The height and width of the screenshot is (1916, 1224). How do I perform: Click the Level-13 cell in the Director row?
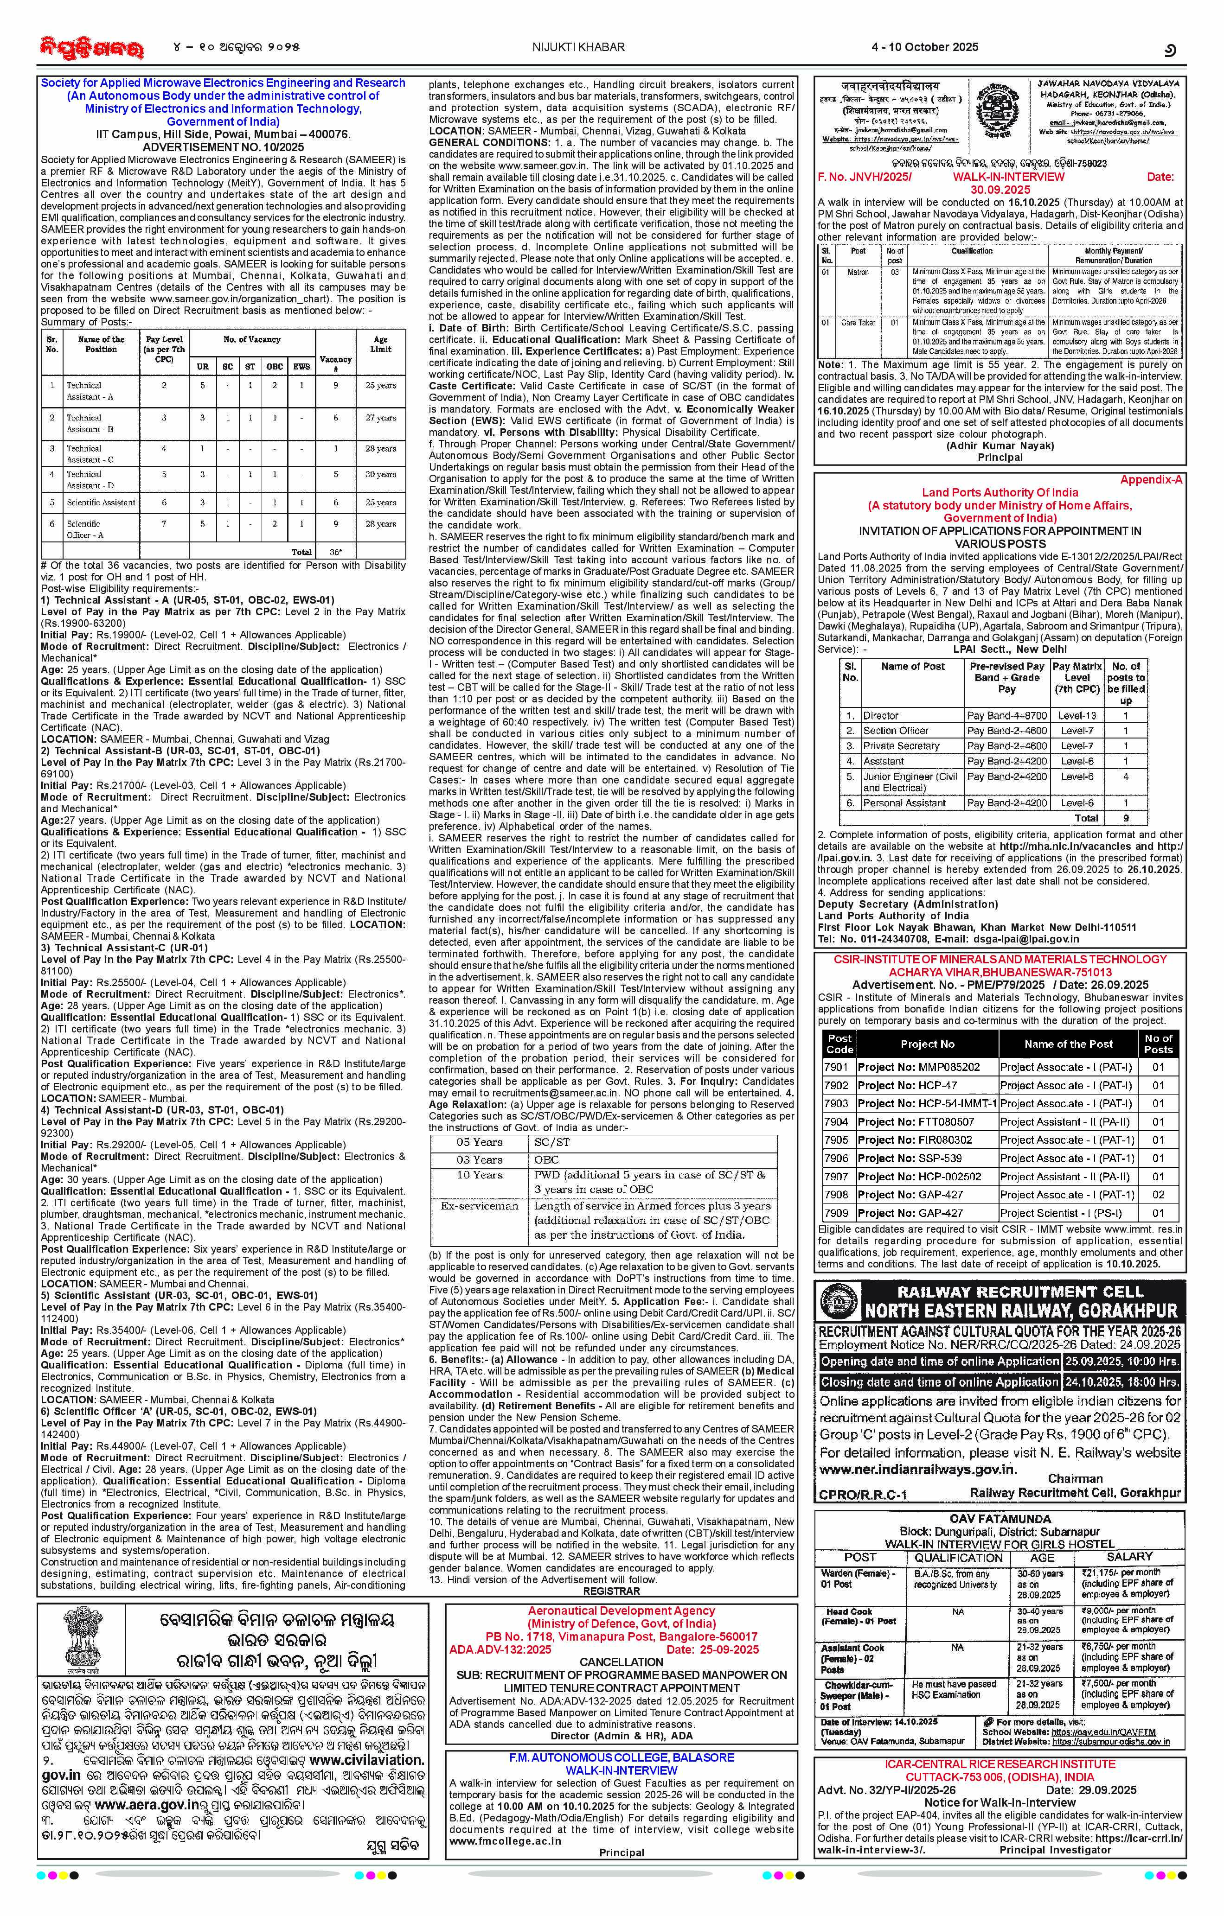(x=1077, y=715)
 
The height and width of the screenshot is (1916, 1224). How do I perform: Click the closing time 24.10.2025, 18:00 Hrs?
(x=1122, y=1381)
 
